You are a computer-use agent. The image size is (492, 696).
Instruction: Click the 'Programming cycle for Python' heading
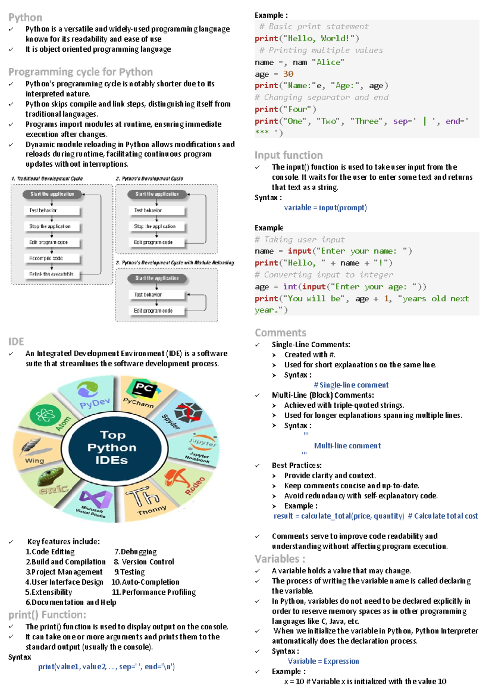[x=80, y=72]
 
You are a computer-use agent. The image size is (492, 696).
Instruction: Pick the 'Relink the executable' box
[x=51, y=274]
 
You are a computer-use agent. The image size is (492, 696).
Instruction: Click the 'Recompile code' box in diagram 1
[x=46, y=259]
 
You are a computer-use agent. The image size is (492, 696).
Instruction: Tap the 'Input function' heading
[x=288, y=155]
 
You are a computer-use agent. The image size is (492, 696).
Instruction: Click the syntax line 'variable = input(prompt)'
[x=325, y=208]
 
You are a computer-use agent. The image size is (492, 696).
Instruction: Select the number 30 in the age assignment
[x=288, y=74]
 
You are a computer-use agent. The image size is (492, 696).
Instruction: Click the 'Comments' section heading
[x=280, y=332]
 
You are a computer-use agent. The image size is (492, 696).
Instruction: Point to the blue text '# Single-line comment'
[x=351, y=385]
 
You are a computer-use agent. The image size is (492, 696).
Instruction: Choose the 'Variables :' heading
[x=280, y=559]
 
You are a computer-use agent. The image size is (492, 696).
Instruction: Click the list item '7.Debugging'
[x=135, y=552]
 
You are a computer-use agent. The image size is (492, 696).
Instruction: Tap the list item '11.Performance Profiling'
[x=154, y=592]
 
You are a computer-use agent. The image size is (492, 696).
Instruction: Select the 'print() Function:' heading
[x=47, y=615]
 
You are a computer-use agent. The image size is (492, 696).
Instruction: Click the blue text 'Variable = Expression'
[x=323, y=661]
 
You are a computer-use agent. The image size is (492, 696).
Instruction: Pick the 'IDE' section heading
[x=16, y=341]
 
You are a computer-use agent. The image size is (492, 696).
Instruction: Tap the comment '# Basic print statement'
[x=314, y=27]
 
